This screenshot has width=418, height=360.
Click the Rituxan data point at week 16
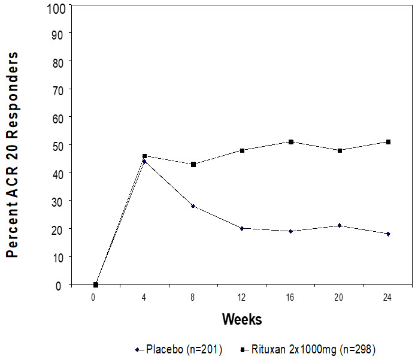coord(290,142)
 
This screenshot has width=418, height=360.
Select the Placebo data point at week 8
coord(193,206)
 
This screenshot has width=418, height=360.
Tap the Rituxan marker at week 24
coord(388,142)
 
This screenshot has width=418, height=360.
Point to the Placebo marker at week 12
coord(242,228)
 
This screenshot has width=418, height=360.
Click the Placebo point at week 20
coord(340,225)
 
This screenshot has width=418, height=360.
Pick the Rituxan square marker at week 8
coord(193,164)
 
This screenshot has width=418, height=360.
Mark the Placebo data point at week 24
coord(388,234)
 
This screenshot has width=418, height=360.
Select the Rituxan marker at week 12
coord(242,150)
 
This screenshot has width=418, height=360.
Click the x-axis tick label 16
coord(290,298)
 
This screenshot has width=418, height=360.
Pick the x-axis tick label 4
coord(144,298)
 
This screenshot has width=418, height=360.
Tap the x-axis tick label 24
coord(388,298)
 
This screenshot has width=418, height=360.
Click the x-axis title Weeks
coord(242,319)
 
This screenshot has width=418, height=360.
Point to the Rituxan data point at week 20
coord(340,150)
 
